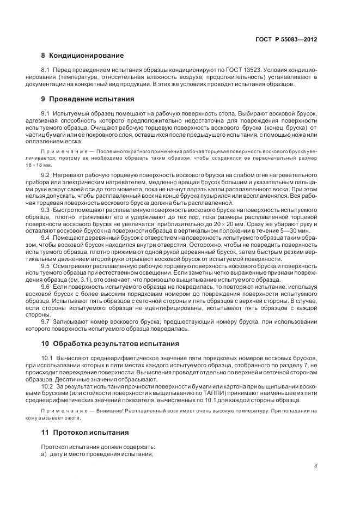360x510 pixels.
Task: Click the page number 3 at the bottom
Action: coord(315,465)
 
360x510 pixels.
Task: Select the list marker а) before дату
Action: coord(45,454)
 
